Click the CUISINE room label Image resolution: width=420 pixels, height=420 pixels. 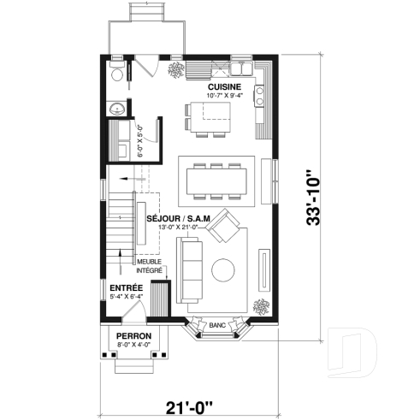(x=224, y=86)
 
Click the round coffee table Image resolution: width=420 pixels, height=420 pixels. (x=226, y=269)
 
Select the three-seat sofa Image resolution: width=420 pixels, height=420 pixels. (x=189, y=273)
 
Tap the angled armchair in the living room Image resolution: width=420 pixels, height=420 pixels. (x=228, y=227)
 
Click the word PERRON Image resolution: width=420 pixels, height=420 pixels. (x=133, y=335)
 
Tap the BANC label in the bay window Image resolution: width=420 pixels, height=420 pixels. (x=217, y=325)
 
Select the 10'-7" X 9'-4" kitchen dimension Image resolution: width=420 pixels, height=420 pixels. (x=224, y=96)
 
